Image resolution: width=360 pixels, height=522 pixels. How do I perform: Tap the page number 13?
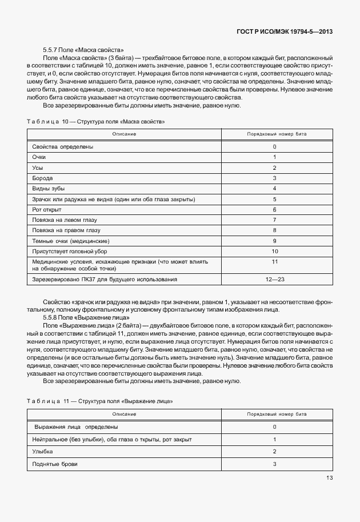[x=330, y=478]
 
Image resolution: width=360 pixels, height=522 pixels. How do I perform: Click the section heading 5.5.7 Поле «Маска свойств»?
[x=83, y=50]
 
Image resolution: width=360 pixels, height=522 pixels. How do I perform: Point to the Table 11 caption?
[x=99, y=402]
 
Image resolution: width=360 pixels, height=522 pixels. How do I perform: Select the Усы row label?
[x=38, y=168]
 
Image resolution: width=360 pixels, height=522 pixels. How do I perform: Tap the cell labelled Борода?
[x=43, y=178]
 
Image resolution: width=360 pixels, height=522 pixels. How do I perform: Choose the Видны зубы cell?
[x=49, y=189]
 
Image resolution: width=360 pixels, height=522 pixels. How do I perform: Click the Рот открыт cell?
[x=47, y=210]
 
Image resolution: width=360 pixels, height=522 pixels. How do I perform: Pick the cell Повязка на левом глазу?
[x=66, y=220]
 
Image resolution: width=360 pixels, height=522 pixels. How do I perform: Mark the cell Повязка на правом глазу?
[x=68, y=230]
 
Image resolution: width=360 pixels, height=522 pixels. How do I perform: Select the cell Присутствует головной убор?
[x=70, y=252]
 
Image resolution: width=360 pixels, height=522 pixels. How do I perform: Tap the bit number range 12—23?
[x=274, y=280]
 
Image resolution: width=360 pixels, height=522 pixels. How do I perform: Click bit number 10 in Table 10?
[x=274, y=252]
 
